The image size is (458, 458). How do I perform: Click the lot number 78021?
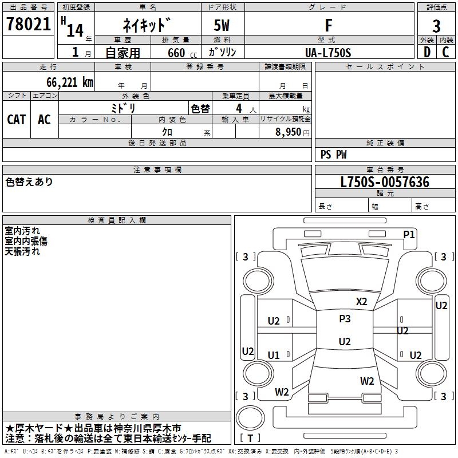point(29,23)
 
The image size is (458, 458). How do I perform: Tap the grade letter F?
point(329,25)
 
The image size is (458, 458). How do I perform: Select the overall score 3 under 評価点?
point(436,26)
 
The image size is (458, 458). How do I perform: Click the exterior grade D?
point(427,52)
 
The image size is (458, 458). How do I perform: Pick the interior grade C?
point(445,52)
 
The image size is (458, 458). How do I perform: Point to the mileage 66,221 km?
point(70,82)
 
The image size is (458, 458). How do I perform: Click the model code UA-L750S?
point(328,53)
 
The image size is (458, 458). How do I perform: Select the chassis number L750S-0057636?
point(385,182)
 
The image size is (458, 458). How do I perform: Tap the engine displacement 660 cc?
point(182,53)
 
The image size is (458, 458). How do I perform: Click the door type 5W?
point(222,25)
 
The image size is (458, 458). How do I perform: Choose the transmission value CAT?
point(17,120)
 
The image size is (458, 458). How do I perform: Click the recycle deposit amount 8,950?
point(288,132)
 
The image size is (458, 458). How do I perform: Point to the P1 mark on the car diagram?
point(409,234)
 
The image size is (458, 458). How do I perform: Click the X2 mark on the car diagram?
point(361,301)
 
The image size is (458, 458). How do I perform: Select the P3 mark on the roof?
point(345,318)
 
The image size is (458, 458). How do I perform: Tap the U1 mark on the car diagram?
point(274,355)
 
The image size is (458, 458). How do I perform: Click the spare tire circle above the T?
point(250,417)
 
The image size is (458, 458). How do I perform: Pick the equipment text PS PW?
point(333,155)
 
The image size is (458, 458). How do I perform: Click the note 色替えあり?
point(29,181)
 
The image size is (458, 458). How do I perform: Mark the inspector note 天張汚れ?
point(22,251)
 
